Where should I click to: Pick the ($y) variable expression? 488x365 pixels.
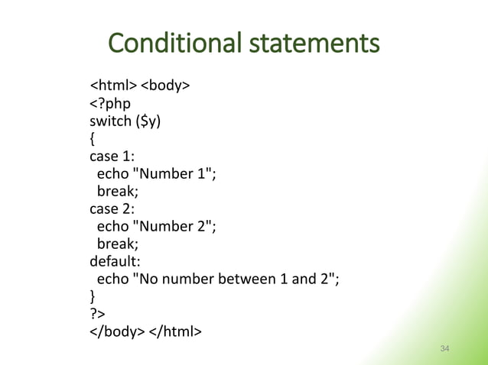148,121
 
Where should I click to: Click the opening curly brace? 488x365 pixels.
93,138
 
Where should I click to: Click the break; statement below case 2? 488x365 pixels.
117,243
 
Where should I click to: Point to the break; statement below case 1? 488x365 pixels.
117,191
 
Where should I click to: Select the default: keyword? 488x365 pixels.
115,260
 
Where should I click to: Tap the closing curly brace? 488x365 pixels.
93,296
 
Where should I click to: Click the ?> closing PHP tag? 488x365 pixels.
97,313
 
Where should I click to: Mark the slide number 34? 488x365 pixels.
445,349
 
